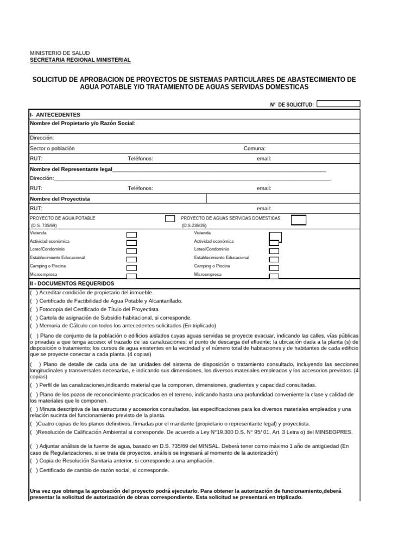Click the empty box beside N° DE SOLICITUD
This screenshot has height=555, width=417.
pyautogui.click(x=338, y=104)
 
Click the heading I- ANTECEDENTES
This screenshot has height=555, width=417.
pyautogui.click(x=55, y=115)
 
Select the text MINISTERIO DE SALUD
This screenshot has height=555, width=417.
pyautogui.click(x=60, y=53)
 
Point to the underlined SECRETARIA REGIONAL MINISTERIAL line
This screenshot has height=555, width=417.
pyautogui.click(x=80, y=60)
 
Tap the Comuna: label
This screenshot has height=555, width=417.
pyautogui.click(x=254, y=149)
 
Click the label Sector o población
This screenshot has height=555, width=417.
pyautogui.click(x=52, y=149)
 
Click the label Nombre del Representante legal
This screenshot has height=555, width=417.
pyautogui.click(x=71, y=169)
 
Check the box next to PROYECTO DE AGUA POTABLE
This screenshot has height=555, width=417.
pyautogui.click(x=170, y=218)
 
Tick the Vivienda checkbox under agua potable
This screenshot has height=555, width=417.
pyautogui.click(x=131, y=235)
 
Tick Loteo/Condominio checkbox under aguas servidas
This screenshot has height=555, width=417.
pyautogui.click(x=274, y=251)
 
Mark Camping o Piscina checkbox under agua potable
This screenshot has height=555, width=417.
pyautogui.click(x=131, y=268)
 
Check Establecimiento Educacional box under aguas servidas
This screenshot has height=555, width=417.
pyautogui.click(x=274, y=259)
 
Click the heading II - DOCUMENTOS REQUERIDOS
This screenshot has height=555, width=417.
pyautogui.click(x=72, y=283)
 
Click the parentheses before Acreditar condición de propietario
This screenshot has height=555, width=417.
pyautogui.click(x=34, y=292)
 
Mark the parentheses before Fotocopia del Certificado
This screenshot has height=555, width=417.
pyautogui.click(x=34, y=309)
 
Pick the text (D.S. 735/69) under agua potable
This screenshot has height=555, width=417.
pyautogui.click(x=43, y=225)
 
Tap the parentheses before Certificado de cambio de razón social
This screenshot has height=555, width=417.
pyautogui.click(x=34, y=470)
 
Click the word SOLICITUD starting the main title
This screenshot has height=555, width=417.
pyautogui.click(x=54, y=80)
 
